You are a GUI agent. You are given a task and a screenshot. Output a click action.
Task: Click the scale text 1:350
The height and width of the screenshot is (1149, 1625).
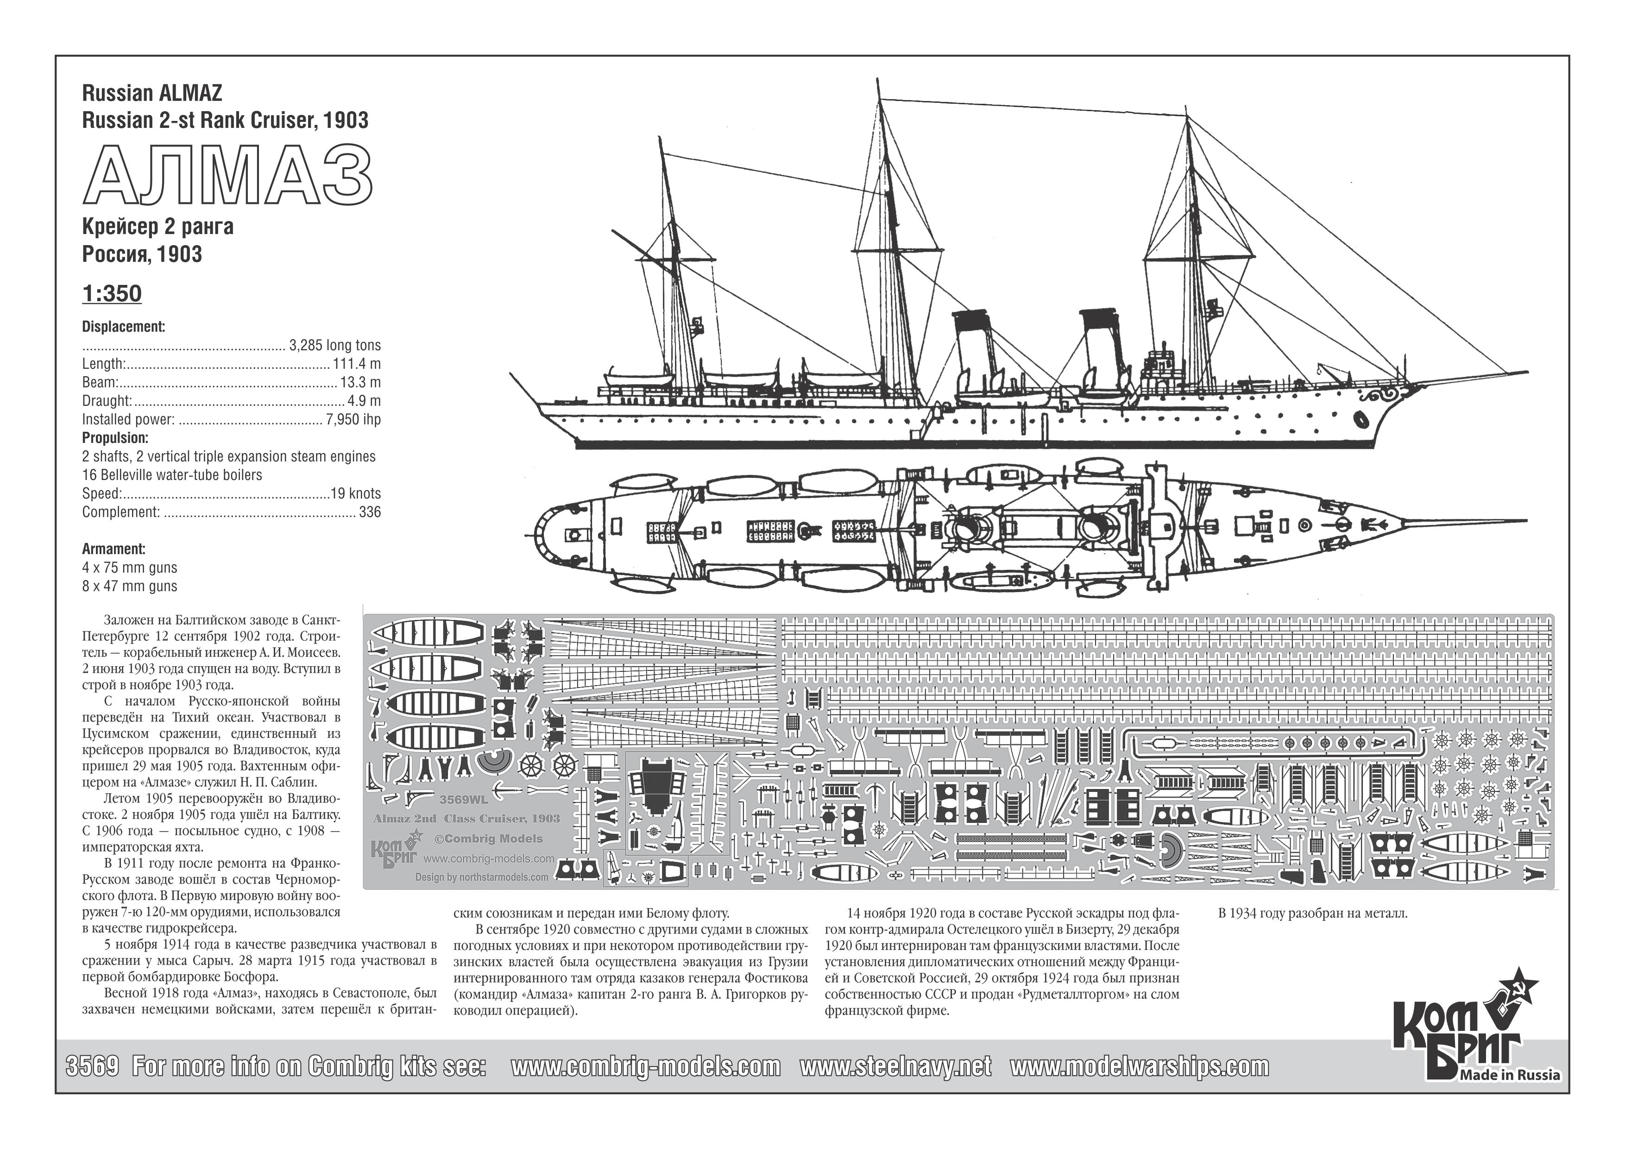[x=112, y=294]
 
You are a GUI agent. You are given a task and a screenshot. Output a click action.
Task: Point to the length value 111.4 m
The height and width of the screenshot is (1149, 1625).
[x=356, y=364]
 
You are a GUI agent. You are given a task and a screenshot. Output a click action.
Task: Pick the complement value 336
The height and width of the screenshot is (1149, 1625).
[x=370, y=512]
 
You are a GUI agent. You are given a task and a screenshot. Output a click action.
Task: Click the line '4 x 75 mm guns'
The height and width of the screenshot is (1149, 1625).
[x=130, y=568]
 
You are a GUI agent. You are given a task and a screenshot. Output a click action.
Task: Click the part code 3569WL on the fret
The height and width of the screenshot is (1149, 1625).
[x=464, y=801]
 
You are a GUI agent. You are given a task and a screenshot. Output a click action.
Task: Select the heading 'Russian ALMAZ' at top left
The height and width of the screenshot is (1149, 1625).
[x=151, y=94]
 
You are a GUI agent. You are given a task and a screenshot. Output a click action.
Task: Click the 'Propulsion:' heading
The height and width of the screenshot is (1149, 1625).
[x=115, y=437]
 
